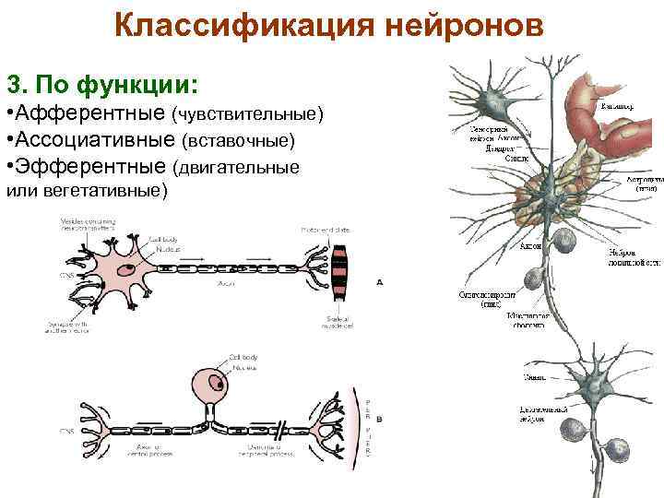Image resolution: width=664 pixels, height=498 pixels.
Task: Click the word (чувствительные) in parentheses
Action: [x=247, y=114]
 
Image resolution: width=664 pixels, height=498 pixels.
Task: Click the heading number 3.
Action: [x=15, y=85]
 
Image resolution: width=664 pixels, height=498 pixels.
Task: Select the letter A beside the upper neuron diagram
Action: [x=379, y=282]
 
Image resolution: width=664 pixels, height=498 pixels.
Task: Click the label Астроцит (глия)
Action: [x=645, y=183]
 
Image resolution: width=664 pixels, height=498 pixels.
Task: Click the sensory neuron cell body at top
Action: [x=488, y=98]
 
